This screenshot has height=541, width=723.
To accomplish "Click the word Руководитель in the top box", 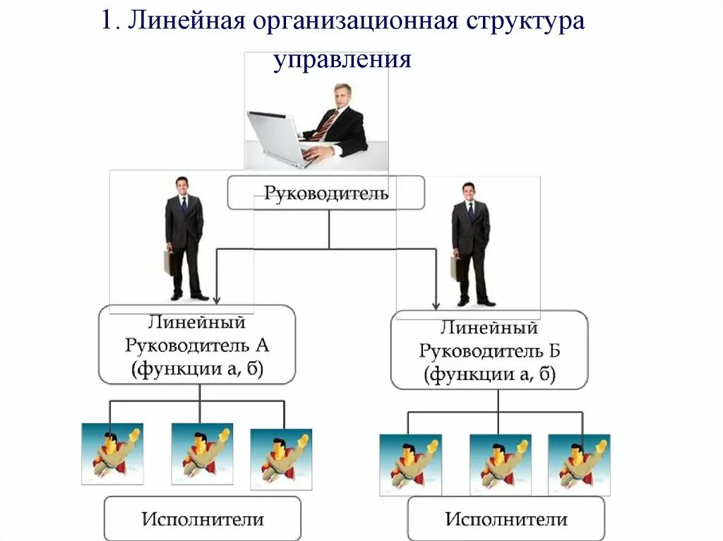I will coord(325,193).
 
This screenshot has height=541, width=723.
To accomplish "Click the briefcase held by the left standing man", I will coord(169,262).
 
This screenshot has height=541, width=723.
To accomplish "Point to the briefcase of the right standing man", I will coord(455,268).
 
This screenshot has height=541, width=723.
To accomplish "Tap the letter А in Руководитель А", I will coord(262,346).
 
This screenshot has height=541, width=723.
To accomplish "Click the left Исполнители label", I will coord(203,520).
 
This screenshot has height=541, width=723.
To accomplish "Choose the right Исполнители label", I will coord(506,520).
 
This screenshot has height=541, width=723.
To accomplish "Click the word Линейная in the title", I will coord(186,20).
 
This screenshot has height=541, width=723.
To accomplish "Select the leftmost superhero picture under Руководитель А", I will coord(112,454).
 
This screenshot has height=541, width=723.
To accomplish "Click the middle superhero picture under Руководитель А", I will coord(202,454).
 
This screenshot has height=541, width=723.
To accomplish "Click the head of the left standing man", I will coord(182,185).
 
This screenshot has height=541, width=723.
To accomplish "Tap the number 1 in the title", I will coord(107,21).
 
